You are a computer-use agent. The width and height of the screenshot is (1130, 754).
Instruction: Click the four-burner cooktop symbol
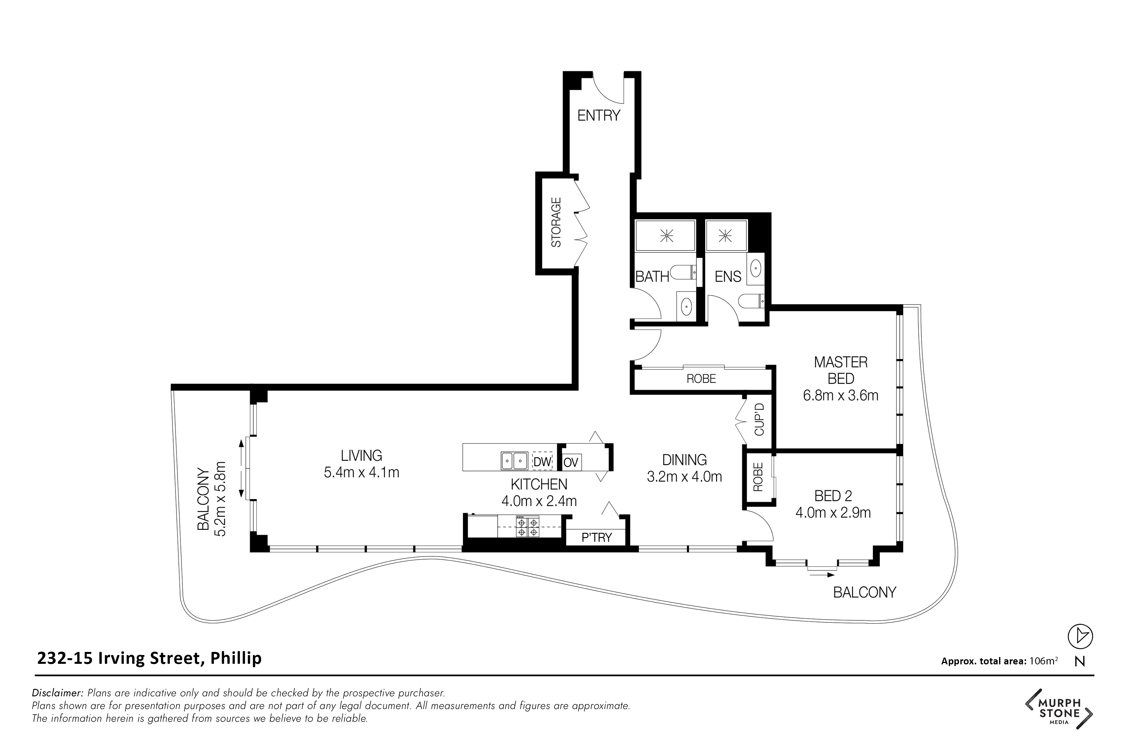pyautogui.click(x=527, y=526)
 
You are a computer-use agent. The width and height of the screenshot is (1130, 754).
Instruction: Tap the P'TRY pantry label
pyautogui.click(x=596, y=538)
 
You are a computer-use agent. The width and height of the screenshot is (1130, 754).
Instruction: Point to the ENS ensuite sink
pyautogui.click(x=756, y=267)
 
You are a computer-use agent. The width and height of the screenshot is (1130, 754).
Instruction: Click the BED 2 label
pyautogui.click(x=834, y=496)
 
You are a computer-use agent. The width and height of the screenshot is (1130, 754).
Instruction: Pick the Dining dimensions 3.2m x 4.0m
pyautogui.click(x=684, y=477)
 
